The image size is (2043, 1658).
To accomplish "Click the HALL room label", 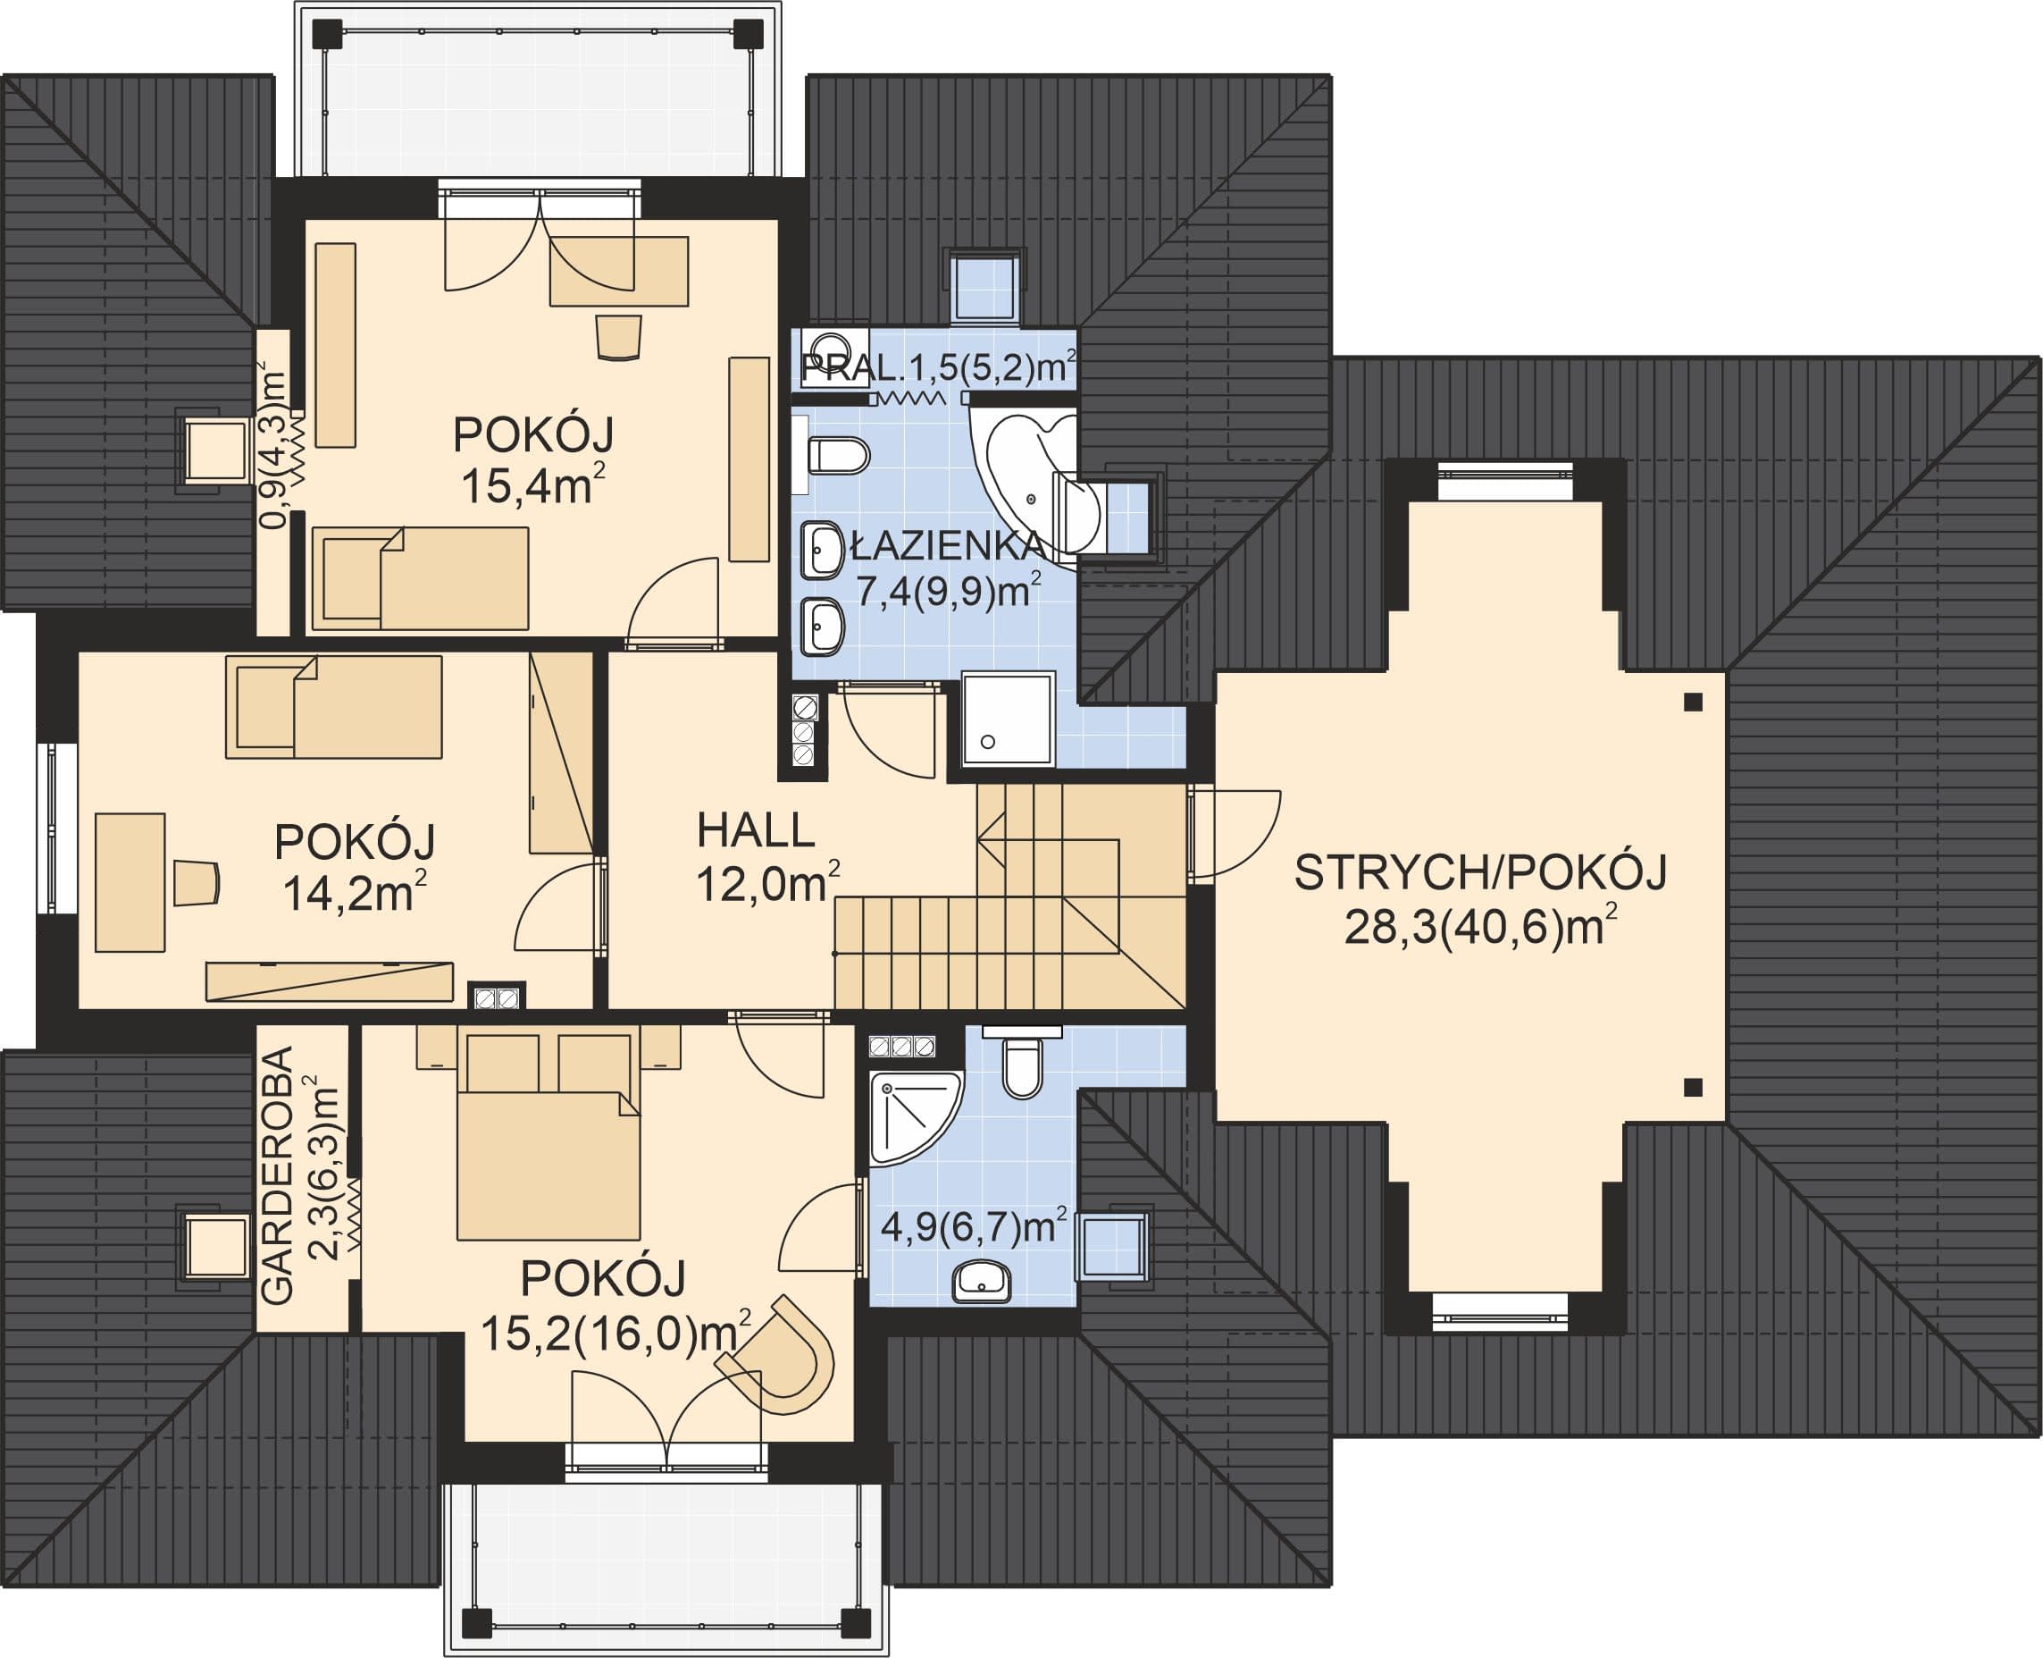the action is [x=755, y=831].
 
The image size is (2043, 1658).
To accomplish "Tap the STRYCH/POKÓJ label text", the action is [x=1479, y=873].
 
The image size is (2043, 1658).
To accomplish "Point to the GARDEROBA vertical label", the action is [x=277, y=1176].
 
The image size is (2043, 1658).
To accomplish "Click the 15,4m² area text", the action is [x=532, y=485].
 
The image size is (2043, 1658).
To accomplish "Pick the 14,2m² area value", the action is [x=354, y=892].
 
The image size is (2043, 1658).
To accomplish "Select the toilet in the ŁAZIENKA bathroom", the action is [x=836, y=456].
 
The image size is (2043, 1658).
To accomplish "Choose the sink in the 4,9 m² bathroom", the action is [x=982, y=1280].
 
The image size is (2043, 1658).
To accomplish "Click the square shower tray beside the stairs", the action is [x=1007, y=720].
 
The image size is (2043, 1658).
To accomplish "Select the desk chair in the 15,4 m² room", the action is [x=619, y=337].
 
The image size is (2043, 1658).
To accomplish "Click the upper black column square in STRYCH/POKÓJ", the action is [x=1693, y=702].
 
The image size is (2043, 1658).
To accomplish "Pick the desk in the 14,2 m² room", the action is [x=130, y=882].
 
